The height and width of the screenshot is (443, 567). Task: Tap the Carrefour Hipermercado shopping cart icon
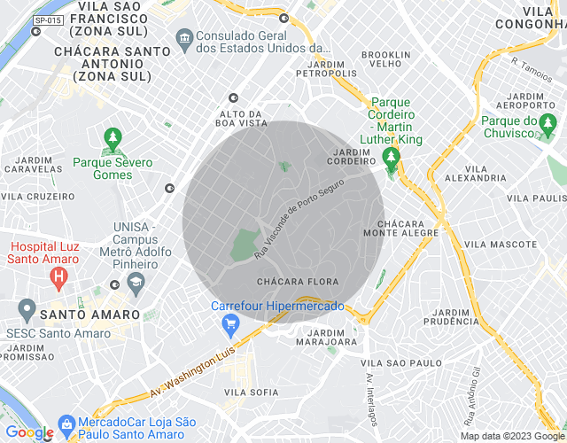[231, 325]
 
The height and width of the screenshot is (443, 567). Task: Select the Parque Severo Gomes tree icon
[113, 140]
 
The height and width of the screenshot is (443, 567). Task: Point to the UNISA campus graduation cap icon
[136, 284]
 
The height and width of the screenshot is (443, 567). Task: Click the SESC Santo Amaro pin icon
[27, 310]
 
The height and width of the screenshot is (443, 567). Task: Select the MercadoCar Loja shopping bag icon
[66, 424]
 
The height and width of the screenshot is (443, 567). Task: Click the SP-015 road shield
[47, 19]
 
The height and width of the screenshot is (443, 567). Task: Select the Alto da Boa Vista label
[242, 120]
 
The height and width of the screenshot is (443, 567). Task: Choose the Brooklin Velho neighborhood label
[386, 59]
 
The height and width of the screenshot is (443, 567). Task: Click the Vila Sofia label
[245, 392]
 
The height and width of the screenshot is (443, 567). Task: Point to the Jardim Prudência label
[459, 317]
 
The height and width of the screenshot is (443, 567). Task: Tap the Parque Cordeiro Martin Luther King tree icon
[391, 158]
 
